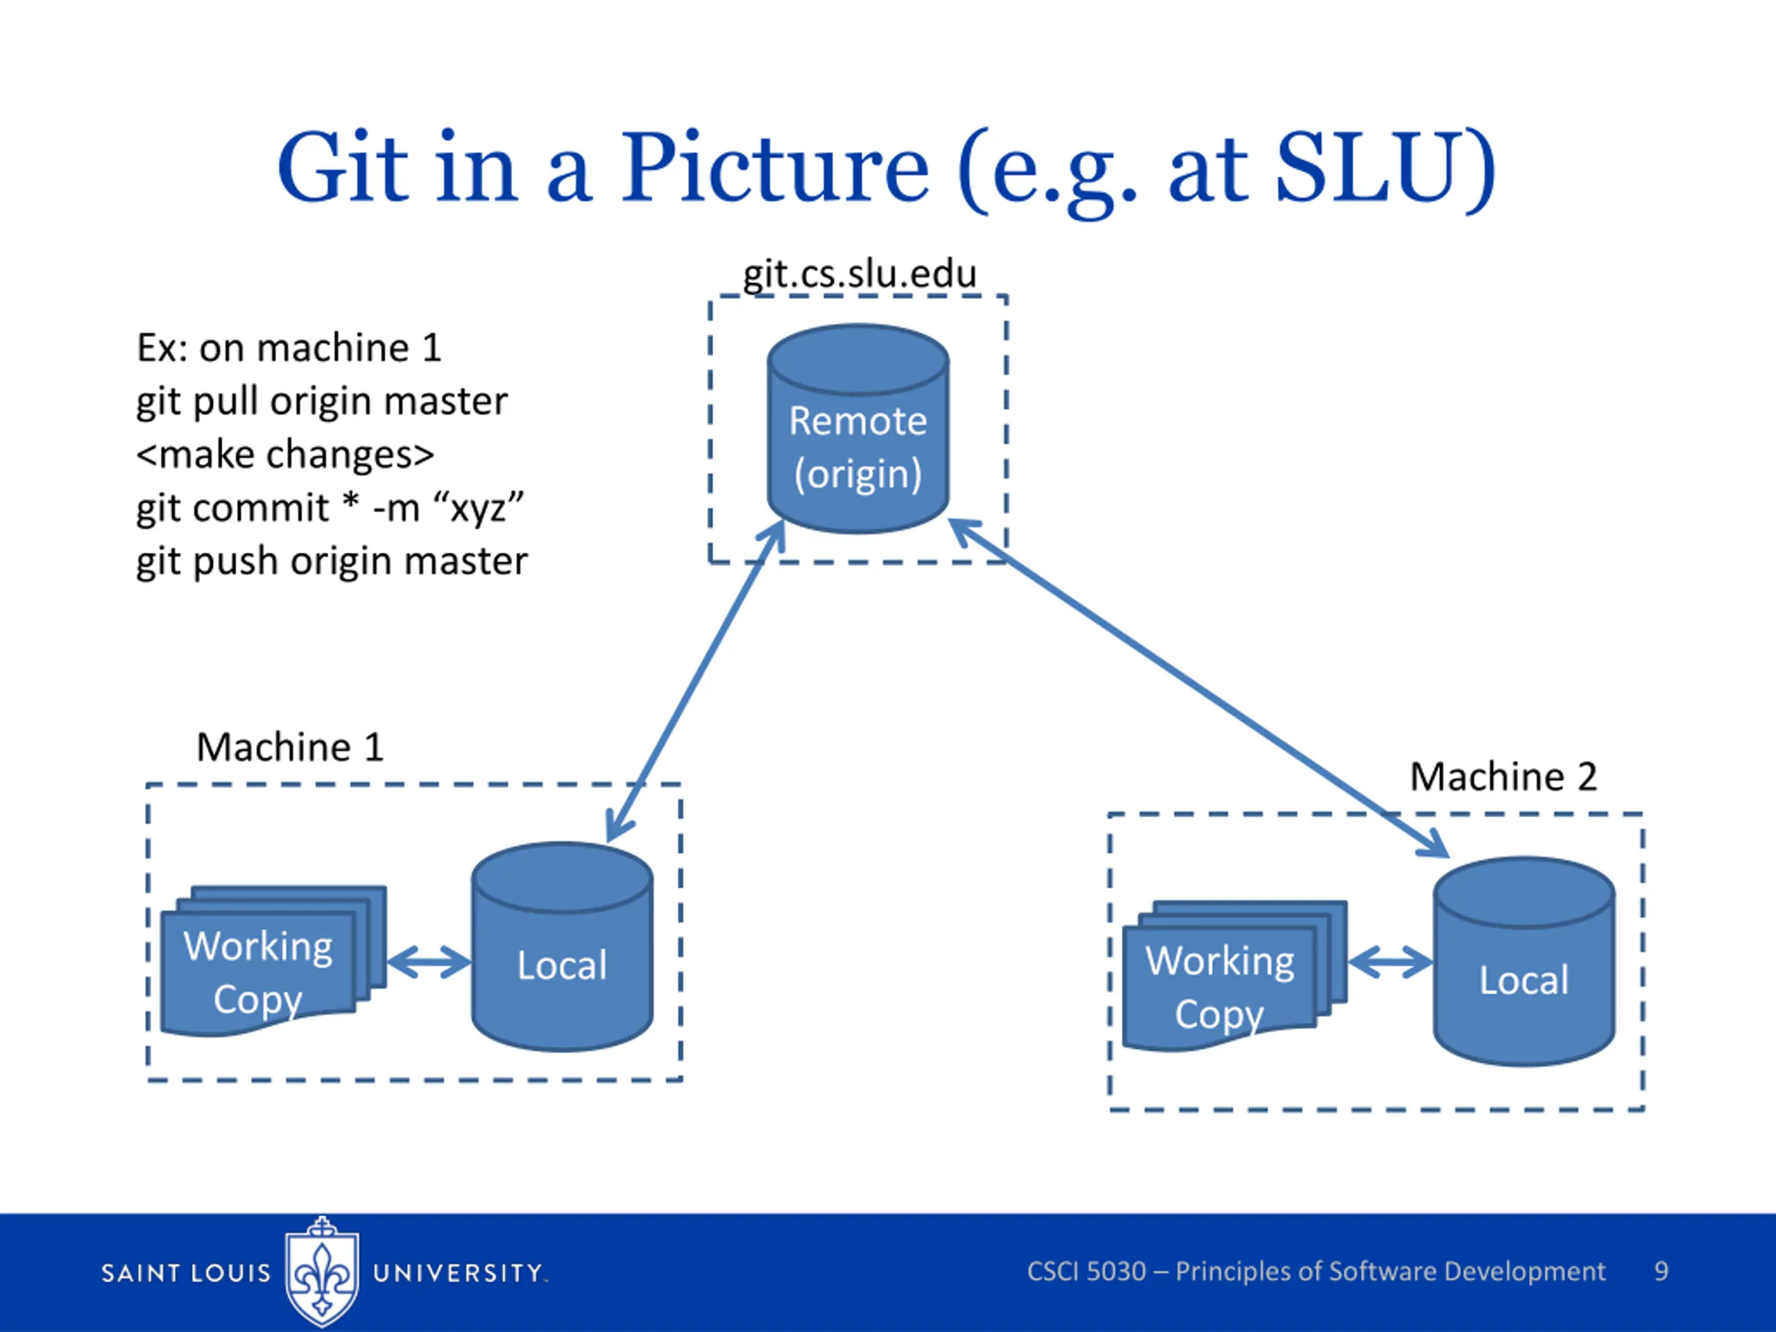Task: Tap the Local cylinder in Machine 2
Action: click(x=1524, y=961)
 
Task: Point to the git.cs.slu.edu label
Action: click(x=859, y=274)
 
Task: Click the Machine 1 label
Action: click(x=290, y=746)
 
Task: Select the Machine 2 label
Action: click(x=1503, y=776)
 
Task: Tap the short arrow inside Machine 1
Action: click(x=429, y=962)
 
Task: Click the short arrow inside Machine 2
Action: click(x=1390, y=962)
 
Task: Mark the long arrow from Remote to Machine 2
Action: click(x=1199, y=688)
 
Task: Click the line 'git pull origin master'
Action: click(x=322, y=402)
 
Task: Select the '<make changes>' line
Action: click(x=285, y=454)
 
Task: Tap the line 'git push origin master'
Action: click(x=332, y=561)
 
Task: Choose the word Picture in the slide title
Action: click(x=775, y=168)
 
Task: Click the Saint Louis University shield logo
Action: click(x=322, y=1271)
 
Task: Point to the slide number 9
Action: click(x=1662, y=1271)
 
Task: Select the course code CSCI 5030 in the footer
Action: click(x=1086, y=1271)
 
